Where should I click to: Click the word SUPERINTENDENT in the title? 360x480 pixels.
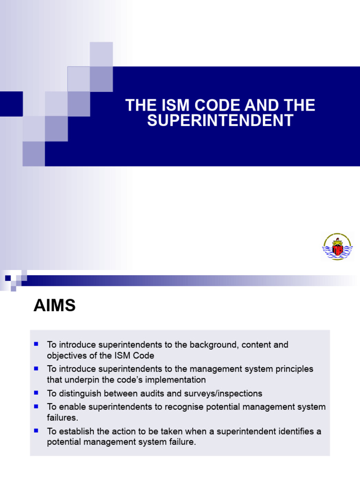click(220, 120)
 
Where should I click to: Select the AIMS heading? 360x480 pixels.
click(54, 306)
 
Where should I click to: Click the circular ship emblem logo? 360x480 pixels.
click(337, 247)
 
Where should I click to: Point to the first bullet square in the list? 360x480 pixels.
click(36, 344)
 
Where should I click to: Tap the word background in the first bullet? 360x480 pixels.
click(211, 345)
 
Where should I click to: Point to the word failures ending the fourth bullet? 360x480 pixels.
click(62, 418)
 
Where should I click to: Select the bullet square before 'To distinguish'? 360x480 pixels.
click(36, 393)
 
